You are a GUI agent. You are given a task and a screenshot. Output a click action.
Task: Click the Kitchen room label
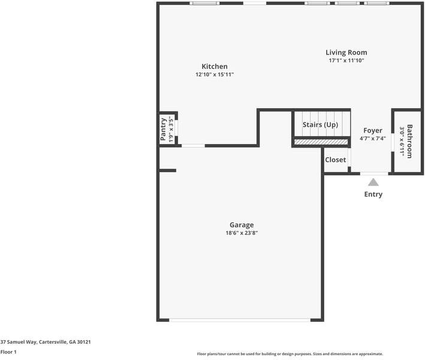[214, 66]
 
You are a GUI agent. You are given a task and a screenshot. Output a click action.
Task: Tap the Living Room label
[346, 52]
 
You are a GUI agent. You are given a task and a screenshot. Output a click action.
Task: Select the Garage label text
[242, 225]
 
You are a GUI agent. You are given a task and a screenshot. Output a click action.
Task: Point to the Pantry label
[163, 129]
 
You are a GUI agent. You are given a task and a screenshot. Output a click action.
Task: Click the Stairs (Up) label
[320, 125]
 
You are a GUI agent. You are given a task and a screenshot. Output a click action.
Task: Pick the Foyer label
[372, 130]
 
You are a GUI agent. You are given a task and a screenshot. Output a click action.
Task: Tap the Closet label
[335, 160]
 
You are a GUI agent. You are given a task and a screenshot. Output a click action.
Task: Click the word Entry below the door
[373, 194]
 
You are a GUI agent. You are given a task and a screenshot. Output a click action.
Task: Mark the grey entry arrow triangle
[373, 182]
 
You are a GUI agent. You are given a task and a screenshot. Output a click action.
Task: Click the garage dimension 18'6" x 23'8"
[242, 233]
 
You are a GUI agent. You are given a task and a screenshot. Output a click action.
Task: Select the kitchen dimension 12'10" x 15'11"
[214, 74]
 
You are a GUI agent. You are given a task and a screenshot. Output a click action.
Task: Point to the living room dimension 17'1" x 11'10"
[346, 61]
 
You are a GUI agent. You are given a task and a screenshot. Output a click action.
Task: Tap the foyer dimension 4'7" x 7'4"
[372, 139]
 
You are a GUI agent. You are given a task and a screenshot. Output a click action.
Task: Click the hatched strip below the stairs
[321, 142]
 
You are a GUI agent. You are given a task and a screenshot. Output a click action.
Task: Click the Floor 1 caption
[8, 352]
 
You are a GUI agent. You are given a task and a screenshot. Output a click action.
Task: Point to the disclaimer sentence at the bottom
[290, 354]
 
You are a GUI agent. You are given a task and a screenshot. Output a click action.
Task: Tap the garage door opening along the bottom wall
[240, 320]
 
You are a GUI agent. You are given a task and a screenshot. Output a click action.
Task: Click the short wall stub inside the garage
[168, 170]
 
